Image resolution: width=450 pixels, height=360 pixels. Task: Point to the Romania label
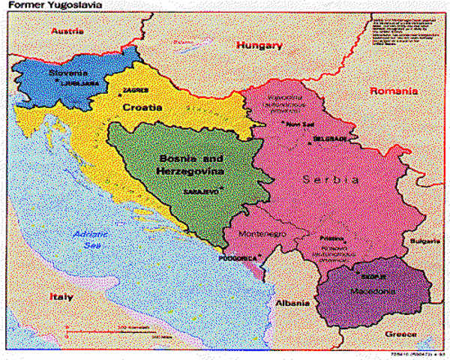pos(393,91)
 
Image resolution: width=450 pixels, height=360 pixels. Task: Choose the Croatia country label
pos(142,107)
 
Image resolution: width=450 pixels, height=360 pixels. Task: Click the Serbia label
pos(331,180)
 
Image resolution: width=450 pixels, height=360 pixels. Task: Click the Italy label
pos(61,296)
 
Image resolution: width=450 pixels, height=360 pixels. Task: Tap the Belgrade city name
pos(331,139)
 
